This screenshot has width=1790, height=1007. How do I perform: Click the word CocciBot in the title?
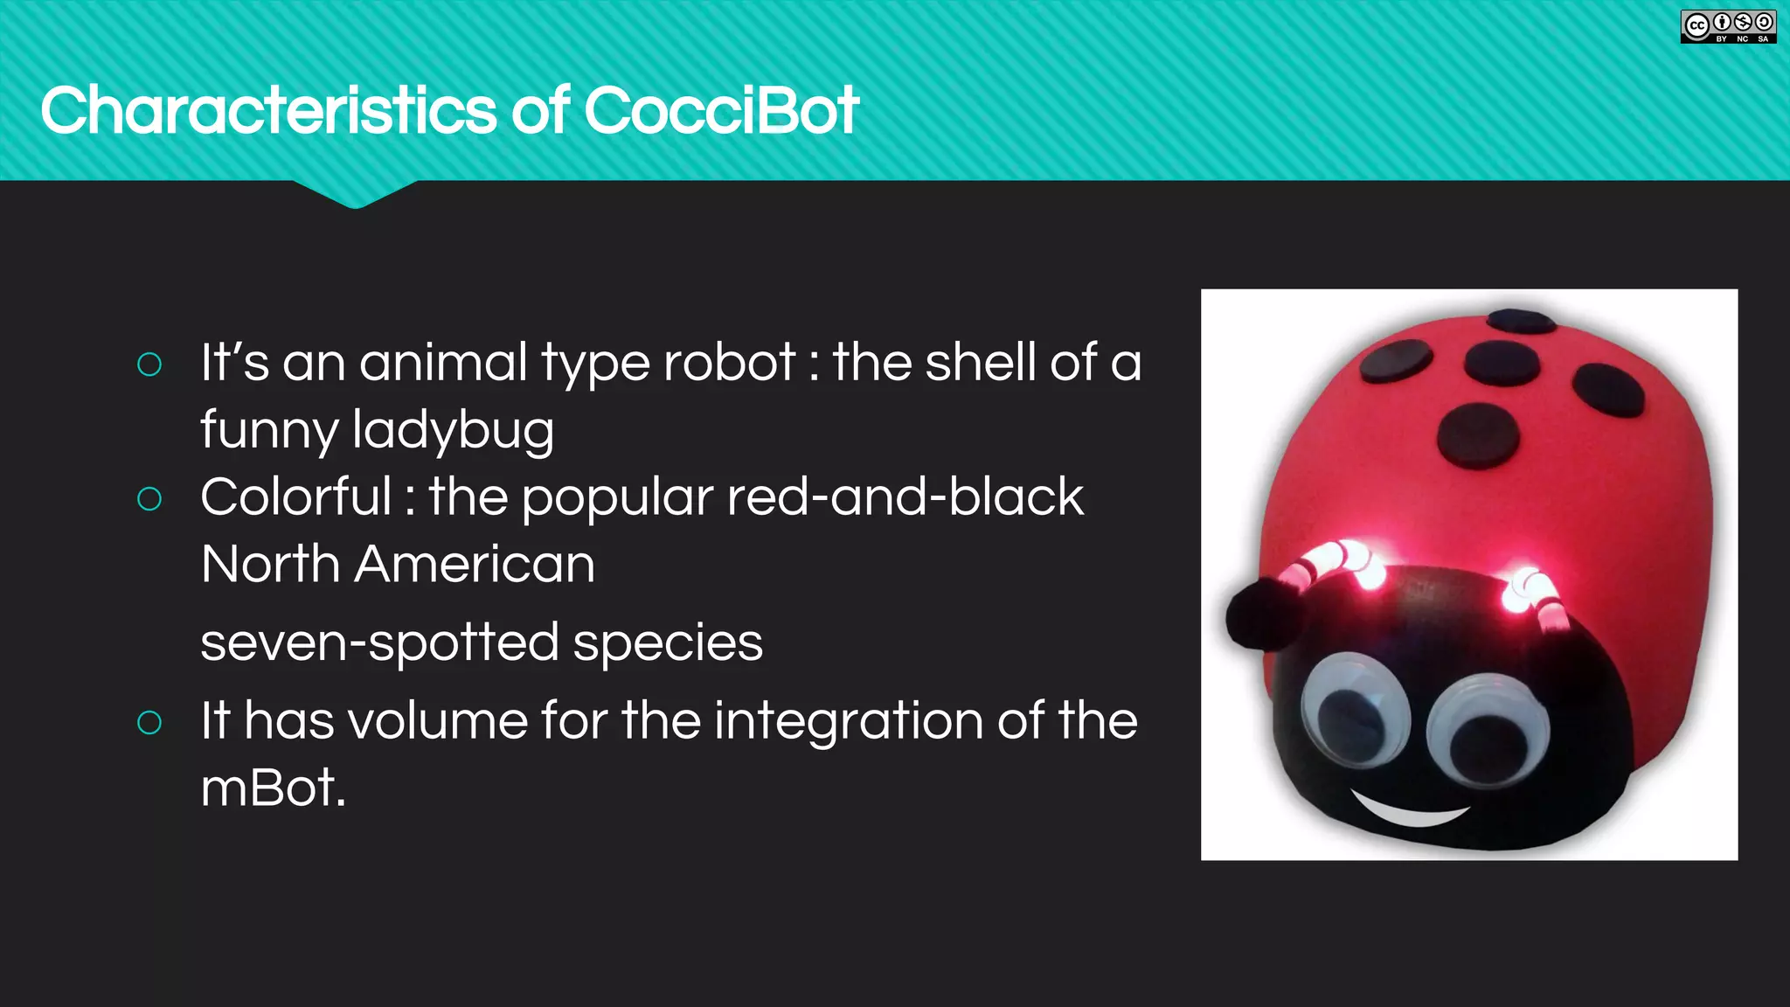(x=721, y=111)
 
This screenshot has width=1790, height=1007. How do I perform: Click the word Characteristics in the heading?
(x=268, y=111)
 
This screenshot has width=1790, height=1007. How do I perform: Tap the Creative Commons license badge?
(x=1728, y=26)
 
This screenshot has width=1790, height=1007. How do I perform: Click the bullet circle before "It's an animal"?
(x=149, y=365)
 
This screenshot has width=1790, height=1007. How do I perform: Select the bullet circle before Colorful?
(x=149, y=499)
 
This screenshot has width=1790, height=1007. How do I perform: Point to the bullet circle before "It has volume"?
(x=149, y=723)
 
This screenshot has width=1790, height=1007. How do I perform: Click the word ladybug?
(x=453, y=431)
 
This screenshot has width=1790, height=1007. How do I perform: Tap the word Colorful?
(x=295, y=497)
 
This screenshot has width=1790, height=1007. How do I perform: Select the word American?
(x=475, y=565)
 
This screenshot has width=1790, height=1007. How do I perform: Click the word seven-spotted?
(x=379, y=642)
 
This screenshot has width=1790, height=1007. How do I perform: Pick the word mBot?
(x=272, y=788)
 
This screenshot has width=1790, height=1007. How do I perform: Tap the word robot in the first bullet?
(x=729, y=363)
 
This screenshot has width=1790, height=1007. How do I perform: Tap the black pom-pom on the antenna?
(x=1261, y=613)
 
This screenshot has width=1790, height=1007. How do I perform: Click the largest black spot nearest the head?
(x=1479, y=435)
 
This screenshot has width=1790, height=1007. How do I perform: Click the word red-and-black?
(x=905, y=497)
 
